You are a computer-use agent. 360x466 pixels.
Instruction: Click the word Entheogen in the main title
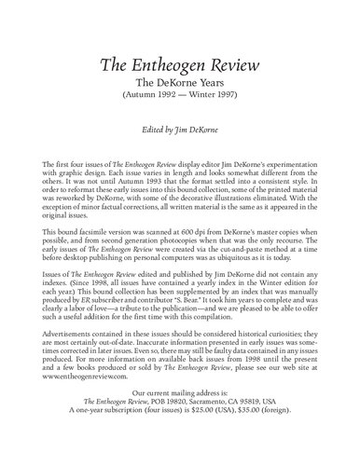[x=180, y=64]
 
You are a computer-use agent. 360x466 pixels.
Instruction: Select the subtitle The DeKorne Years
[x=180, y=85]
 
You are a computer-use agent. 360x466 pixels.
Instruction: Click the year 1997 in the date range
[x=227, y=98]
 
